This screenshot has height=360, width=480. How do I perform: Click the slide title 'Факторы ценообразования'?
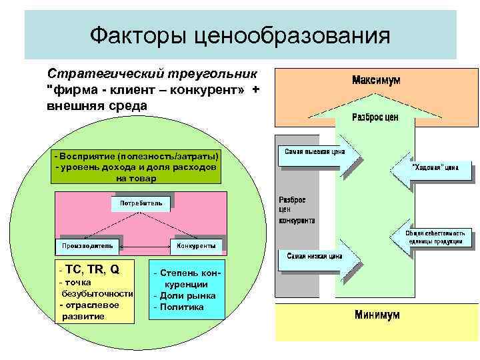pyautogui.click(x=239, y=35)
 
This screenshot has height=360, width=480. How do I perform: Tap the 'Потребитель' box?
pyautogui.click(x=141, y=202)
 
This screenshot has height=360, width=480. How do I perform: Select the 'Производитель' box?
pyautogui.click(x=87, y=246)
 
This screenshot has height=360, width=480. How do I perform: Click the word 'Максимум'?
pyautogui.click(x=376, y=80)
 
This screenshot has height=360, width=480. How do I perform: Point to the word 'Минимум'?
pyautogui.click(x=377, y=314)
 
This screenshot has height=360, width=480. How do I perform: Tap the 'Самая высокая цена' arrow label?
pyautogui.click(x=314, y=151)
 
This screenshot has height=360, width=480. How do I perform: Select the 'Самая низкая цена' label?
pyautogui.click(x=314, y=255)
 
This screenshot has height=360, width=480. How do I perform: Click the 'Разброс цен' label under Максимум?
pyautogui.click(x=375, y=117)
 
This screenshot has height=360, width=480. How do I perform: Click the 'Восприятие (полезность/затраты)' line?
pyautogui.click(x=136, y=155)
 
